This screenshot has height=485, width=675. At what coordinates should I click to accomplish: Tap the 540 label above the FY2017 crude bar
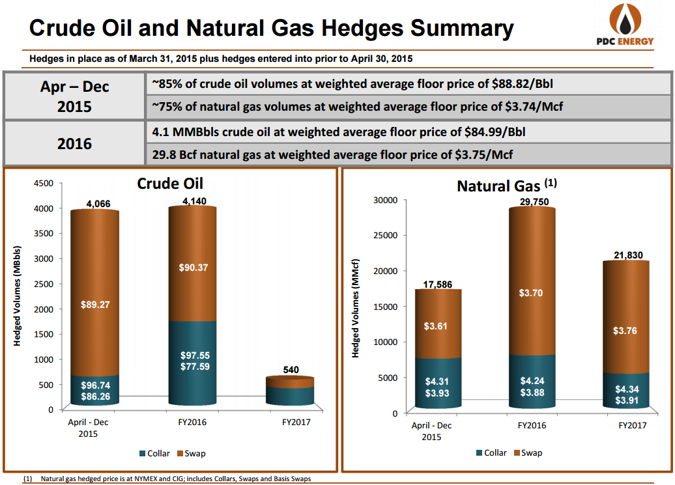(x=291, y=370)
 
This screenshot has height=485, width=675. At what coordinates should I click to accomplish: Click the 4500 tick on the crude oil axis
(x=43, y=184)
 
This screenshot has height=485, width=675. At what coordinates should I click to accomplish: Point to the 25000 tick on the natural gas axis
(x=384, y=236)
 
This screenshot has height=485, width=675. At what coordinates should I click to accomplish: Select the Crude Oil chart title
(x=170, y=184)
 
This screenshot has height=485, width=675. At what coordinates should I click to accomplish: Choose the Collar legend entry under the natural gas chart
(x=491, y=452)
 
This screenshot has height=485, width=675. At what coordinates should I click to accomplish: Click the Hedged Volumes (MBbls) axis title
(x=20, y=296)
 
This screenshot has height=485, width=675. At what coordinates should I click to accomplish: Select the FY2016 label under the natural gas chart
(x=532, y=425)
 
